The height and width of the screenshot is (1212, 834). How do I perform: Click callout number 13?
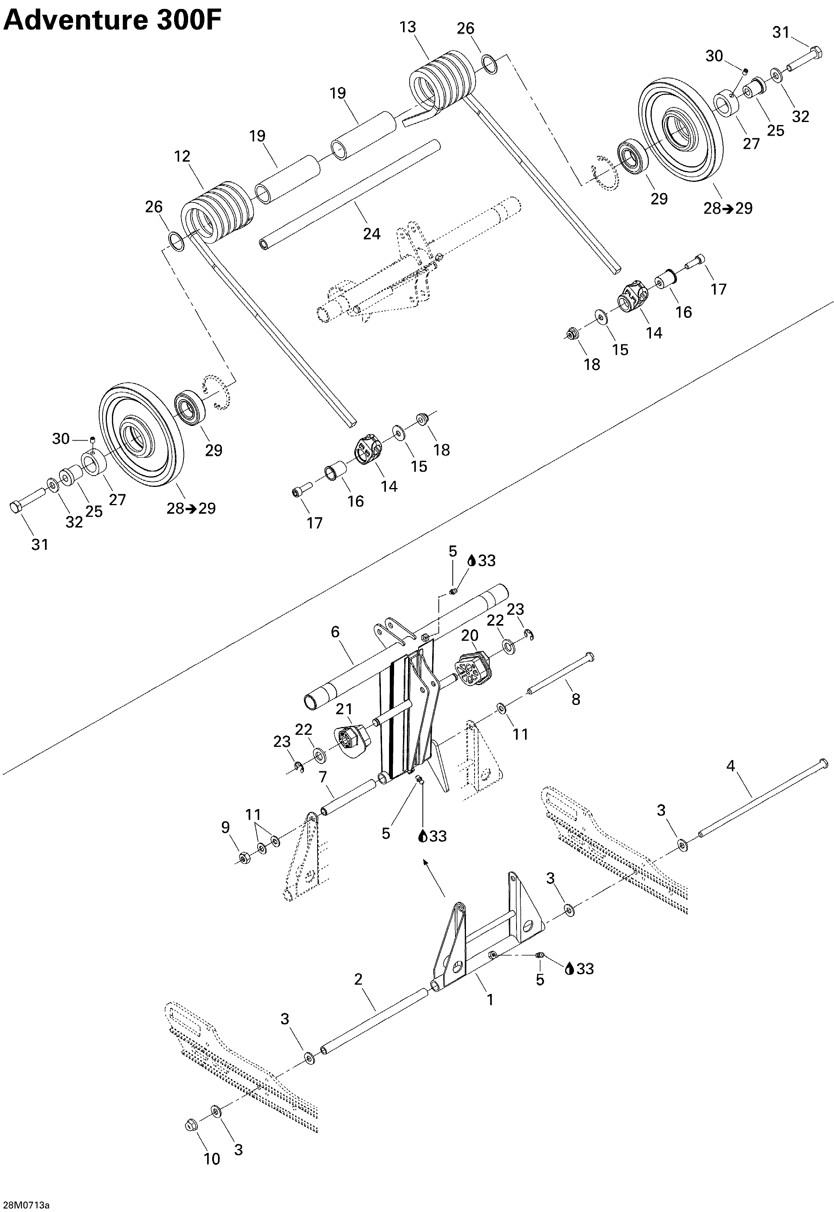408,27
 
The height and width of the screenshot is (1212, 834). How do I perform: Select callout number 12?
182,156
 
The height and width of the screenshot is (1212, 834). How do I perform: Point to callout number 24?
372,234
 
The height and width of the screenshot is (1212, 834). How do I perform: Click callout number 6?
335,632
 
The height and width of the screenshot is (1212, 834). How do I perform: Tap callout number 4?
731,766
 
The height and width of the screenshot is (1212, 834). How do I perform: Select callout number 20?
470,635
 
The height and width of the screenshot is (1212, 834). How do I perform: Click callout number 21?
344,709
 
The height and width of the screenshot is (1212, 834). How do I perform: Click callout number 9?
225,827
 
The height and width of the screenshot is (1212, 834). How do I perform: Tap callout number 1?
490,999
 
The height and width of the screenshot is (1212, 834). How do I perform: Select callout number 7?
323,776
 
